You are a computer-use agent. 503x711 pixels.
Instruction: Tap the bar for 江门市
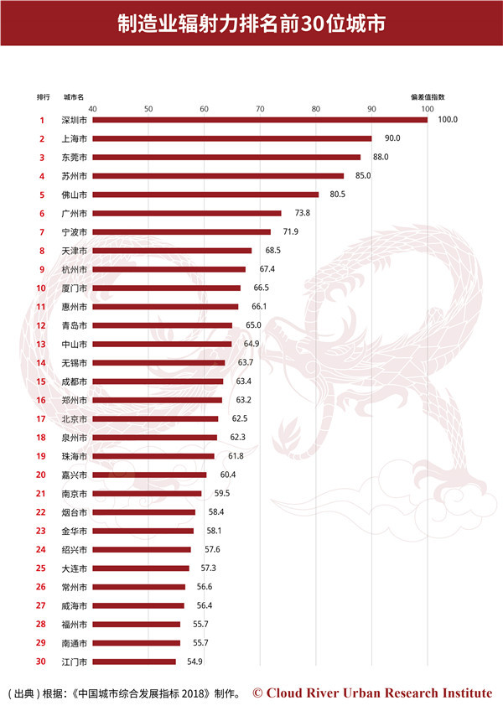coord(134,662)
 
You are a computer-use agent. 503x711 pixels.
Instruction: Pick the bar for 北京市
coord(155,418)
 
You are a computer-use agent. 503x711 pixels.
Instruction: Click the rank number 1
coord(41,120)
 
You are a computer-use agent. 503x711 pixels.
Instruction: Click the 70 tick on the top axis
coord(260,108)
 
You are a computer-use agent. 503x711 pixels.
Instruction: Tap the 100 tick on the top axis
coord(427,108)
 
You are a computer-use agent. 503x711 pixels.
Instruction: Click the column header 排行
coord(43,96)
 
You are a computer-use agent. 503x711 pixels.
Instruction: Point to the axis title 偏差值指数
coord(427,96)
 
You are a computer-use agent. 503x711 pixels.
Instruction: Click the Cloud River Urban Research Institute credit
coord(372,693)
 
